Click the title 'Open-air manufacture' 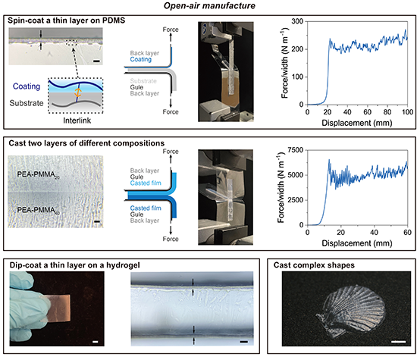[x=209, y=5]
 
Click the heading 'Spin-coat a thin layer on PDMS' [x=66, y=20]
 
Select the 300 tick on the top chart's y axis [x=297, y=21]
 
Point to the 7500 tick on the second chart [x=296, y=150]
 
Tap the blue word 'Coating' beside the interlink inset [x=27, y=86]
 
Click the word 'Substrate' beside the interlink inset [x=27, y=103]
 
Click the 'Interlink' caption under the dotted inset [x=77, y=121]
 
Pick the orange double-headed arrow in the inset [x=77, y=92]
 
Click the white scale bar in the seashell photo [x=398, y=341]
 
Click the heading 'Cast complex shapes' [x=314, y=265]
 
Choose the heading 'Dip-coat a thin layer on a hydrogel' [x=74, y=265]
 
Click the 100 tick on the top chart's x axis [x=407, y=112]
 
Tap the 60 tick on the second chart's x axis [x=407, y=233]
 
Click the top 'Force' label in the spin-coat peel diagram [x=171, y=30]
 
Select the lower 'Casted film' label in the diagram [x=146, y=208]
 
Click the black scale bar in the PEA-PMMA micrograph [x=97, y=221]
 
